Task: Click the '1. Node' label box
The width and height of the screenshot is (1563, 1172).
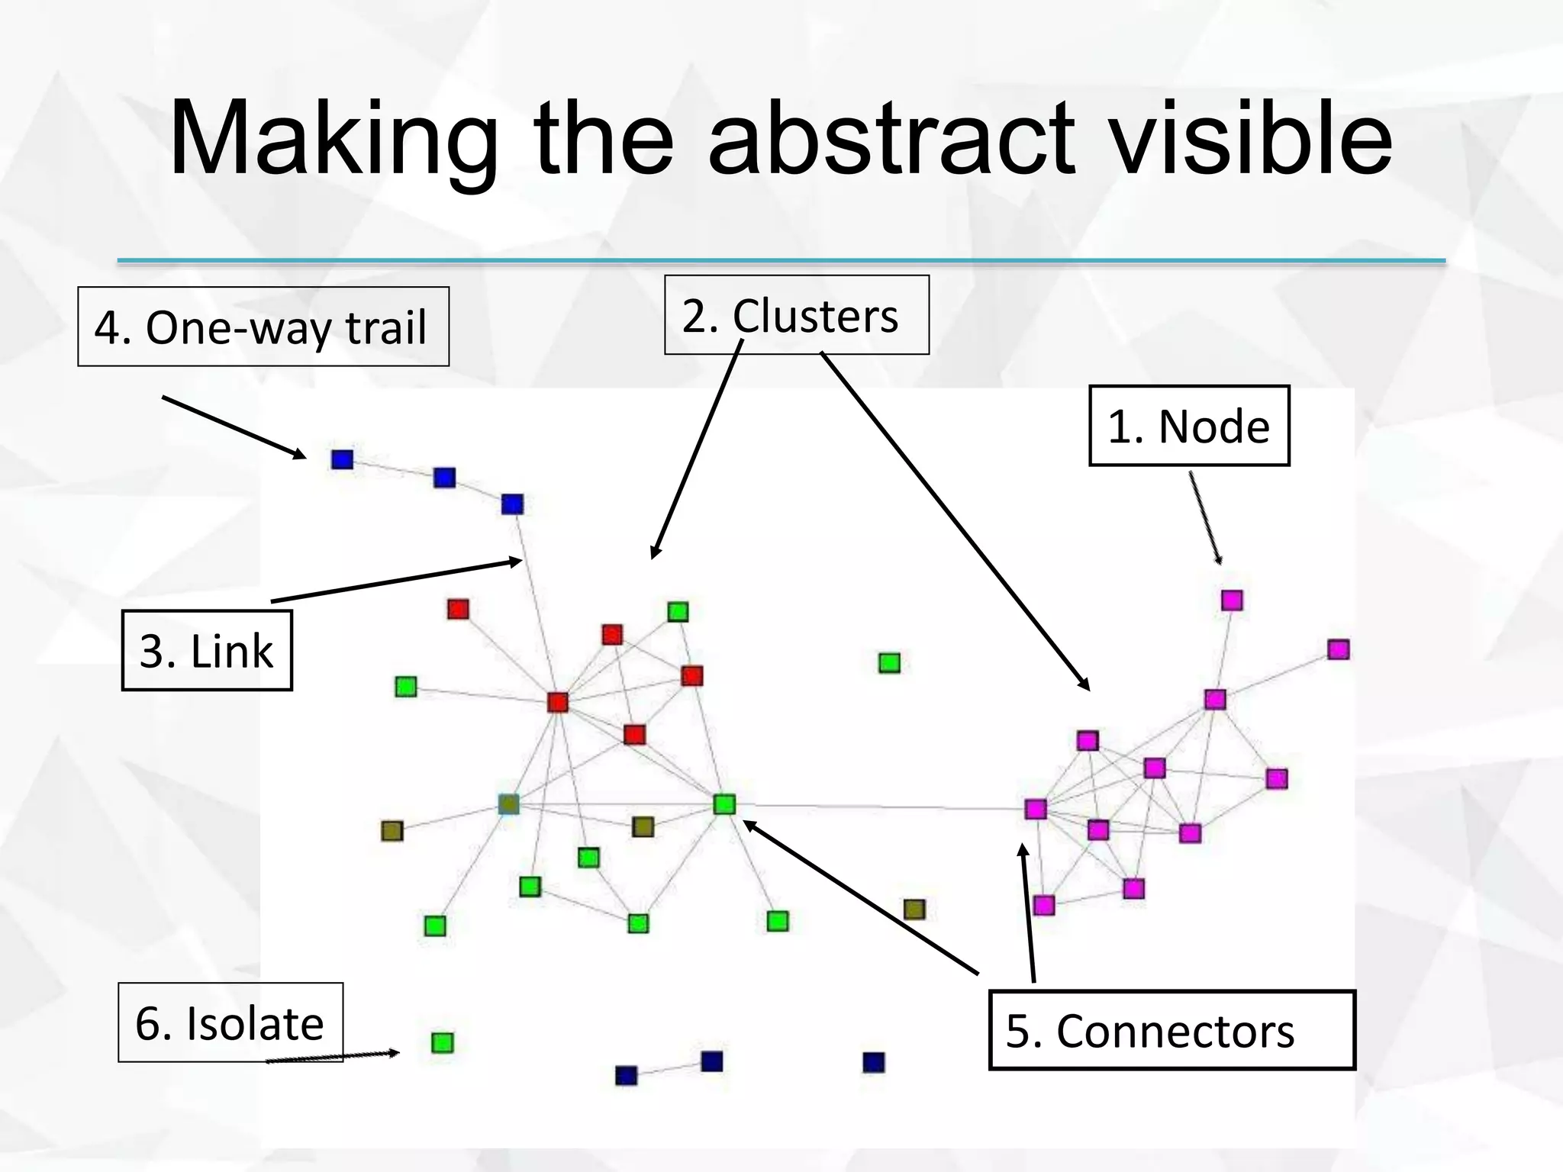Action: pos(1188,426)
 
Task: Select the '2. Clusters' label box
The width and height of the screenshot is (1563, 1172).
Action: pos(796,315)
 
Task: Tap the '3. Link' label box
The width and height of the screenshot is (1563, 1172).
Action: pos(207,651)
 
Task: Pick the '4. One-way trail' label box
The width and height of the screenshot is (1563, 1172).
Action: pos(263,327)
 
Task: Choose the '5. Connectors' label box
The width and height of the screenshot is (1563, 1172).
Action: pos(1171,1030)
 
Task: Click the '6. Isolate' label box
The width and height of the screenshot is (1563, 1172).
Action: pos(230,1022)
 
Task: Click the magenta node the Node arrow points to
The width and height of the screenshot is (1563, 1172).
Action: pos(1232,600)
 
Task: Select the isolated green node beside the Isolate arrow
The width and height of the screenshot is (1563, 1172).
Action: pos(443,1042)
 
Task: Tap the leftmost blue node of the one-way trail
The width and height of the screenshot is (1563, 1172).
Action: pos(342,459)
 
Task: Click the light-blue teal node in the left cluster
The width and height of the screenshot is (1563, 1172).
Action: pos(509,804)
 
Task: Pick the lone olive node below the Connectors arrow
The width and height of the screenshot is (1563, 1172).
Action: pos(914,909)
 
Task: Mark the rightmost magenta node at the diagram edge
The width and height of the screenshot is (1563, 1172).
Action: pos(1338,649)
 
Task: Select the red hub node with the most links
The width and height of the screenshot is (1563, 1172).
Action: pos(558,702)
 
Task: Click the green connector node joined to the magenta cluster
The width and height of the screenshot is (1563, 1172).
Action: pos(724,804)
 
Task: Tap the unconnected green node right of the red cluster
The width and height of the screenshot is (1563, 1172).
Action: pos(889,662)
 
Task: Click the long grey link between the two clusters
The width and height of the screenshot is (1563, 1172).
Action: pos(878,807)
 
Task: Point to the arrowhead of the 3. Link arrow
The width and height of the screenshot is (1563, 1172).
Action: pos(518,562)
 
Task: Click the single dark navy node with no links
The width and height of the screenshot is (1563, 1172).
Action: pos(874,1062)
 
